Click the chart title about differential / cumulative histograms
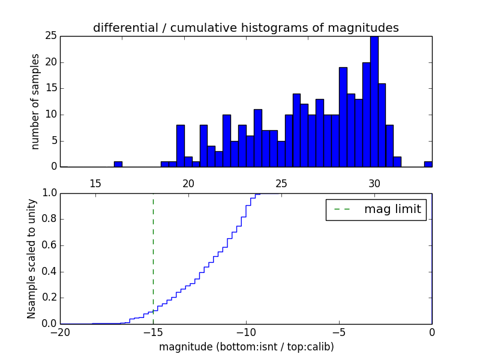coord(245,28)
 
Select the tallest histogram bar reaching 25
coord(374,102)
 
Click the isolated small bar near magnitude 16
coord(118,164)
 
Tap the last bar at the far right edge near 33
coord(428,164)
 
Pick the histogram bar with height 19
coord(343,117)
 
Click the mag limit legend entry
coord(376,209)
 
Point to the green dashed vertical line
coord(153,258)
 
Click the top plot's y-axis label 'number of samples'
coord(36,101)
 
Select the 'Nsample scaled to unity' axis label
coord(31,259)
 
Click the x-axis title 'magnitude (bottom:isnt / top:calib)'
coord(246,347)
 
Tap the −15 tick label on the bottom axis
coord(153,332)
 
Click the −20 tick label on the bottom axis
coord(60,332)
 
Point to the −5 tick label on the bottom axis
coord(339,332)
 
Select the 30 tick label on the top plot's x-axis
coord(374,184)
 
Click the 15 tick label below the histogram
coord(95,184)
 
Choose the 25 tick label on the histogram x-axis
coord(281,184)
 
